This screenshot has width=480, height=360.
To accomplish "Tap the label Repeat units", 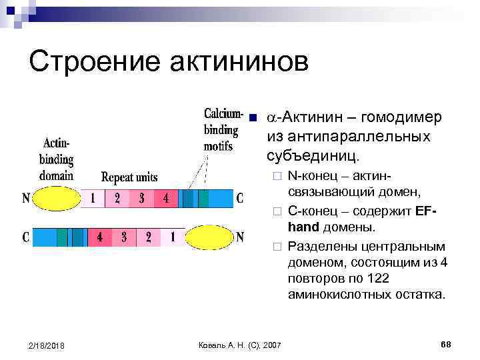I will pos(129,177).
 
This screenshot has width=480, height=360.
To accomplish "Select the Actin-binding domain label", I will pos(56,159).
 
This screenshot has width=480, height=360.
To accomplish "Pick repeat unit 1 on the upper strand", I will pos(93,199).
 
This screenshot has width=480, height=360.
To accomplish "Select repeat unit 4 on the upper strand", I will pos(166,199).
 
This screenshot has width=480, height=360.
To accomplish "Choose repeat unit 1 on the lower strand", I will pos(172,237).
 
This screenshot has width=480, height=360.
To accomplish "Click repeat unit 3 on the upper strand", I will pos(141,199).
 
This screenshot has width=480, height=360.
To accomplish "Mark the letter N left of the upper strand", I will pos(26,199).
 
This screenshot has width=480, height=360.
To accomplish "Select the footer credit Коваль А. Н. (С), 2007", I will pos(240,344).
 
